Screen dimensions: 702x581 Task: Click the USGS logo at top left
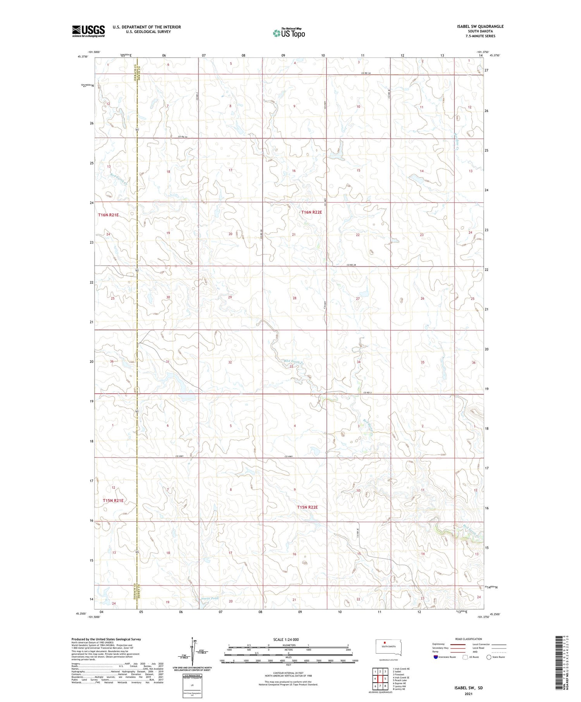tap(88, 31)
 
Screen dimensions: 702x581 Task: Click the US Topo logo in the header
tap(289, 33)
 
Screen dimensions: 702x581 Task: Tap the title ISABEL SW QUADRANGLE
tap(480, 26)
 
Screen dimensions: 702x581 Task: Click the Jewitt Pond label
tap(210, 598)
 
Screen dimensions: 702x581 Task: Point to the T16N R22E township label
tap(311, 212)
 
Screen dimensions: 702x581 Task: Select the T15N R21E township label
tap(113, 501)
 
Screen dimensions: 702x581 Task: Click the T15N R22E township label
tap(308, 507)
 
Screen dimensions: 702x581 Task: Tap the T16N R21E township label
tap(108, 215)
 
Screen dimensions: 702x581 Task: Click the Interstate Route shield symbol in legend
tap(435, 657)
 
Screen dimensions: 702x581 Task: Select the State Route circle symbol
tap(489, 657)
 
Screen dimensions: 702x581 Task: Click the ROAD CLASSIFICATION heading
tap(469, 639)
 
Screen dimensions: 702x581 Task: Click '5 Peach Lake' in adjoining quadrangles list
tap(401, 680)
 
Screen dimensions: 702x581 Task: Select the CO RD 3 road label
tap(368, 393)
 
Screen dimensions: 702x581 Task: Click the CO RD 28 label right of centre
tap(351, 265)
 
